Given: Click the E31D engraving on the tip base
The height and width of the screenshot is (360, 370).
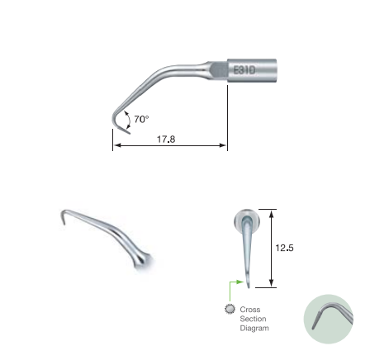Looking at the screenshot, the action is [x=244, y=70].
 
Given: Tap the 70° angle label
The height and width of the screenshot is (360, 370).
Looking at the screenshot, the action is [x=141, y=119].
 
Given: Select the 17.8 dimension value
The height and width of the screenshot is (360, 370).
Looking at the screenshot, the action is [x=166, y=140].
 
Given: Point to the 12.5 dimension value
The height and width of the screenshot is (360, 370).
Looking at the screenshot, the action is [x=284, y=248].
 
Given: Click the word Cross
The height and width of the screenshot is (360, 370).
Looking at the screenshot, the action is [x=250, y=310].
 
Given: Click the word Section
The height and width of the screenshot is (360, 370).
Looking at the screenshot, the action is [x=253, y=319].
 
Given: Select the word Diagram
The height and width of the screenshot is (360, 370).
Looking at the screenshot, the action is [x=254, y=328].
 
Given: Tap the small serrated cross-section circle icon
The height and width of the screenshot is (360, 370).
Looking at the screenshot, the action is [x=230, y=309].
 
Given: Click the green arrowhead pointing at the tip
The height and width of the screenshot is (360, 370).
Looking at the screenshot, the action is [x=240, y=282].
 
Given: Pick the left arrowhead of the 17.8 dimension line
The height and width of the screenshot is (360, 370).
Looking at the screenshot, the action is [x=116, y=145].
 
